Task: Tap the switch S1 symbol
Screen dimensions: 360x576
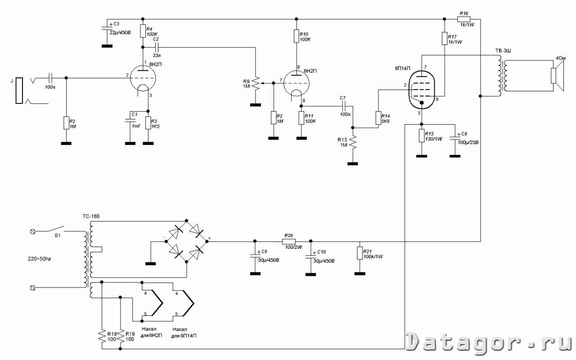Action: click(x=56, y=229)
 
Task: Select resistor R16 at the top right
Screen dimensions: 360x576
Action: click(x=464, y=19)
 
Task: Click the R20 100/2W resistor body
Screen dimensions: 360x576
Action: click(x=288, y=241)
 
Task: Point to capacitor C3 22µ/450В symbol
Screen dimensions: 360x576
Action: click(x=107, y=28)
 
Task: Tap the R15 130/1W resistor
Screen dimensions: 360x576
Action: click(x=422, y=135)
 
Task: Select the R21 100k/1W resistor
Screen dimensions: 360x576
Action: click(x=360, y=252)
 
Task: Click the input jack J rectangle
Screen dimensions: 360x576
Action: click(x=19, y=90)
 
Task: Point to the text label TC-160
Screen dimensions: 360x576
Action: click(x=90, y=216)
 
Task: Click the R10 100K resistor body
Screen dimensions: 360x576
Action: click(x=296, y=36)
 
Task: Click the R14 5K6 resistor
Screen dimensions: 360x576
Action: click(x=378, y=118)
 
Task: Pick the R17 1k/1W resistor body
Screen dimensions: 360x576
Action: click(x=445, y=38)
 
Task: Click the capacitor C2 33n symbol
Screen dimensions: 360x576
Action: click(x=156, y=46)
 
